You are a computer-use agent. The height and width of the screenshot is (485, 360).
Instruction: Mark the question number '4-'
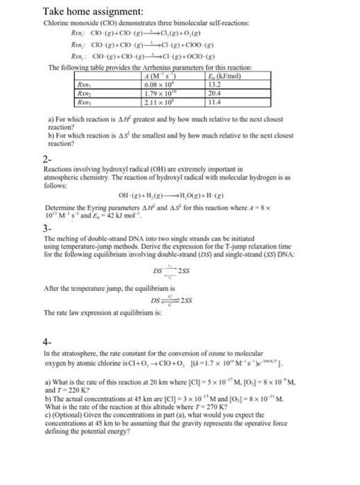[47, 341]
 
